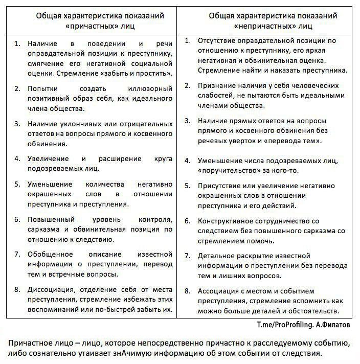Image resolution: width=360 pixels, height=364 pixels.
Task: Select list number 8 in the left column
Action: pyautogui.click(x=17, y=289)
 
